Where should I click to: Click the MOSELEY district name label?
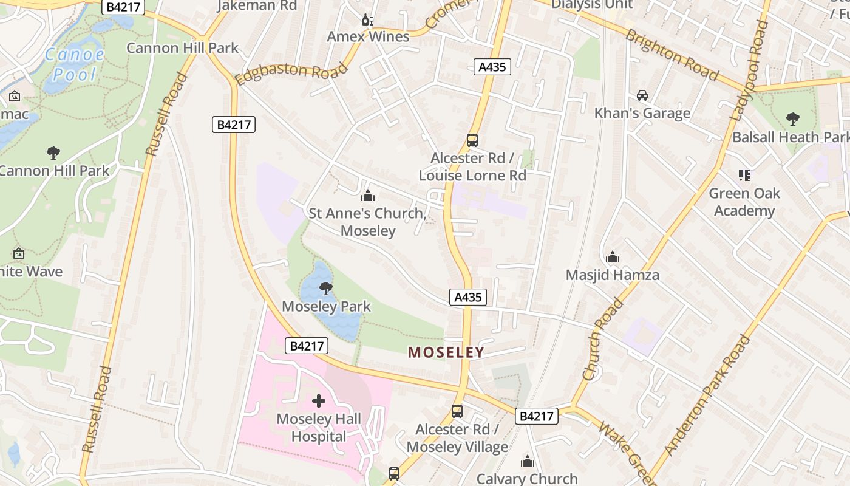(446, 352)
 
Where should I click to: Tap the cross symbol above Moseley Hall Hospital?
(318, 401)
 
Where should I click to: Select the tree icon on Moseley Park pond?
(325, 288)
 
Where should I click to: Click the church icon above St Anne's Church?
(367, 196)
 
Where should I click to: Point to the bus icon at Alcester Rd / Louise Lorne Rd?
(472, 140)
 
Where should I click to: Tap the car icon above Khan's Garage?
(642, 95)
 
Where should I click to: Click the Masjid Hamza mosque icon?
(612, 258)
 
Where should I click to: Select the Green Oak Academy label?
(744, 202)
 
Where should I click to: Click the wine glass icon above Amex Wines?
(367, 19)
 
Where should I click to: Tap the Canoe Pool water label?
(75, 64)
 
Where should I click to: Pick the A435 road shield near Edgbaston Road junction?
(492, 67)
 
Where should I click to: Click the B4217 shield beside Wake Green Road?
(537, 416)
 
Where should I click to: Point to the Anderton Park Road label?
(707, 394)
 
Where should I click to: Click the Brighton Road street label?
(672, 55)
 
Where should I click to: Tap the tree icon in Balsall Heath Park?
(792, 118)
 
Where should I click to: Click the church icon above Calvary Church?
(528, 461)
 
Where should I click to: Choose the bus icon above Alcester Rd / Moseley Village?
(457, 411)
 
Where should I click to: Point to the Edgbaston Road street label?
(291, 73)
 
